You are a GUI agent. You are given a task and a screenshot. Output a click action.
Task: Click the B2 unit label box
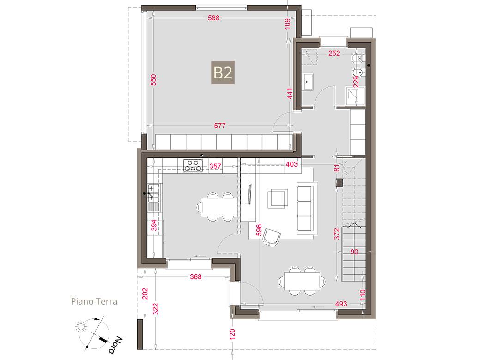tap(223, 72)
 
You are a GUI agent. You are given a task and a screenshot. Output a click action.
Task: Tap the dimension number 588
tap(214, 18)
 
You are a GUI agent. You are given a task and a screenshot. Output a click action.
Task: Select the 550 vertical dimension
tap(153, 80)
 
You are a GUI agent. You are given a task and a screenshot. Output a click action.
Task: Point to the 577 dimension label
tap(220, 126)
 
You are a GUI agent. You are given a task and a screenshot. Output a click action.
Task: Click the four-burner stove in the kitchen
tap(193, 166)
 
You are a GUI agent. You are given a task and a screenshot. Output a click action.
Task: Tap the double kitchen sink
tap(154, 192)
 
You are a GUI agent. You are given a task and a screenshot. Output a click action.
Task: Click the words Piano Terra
tap(94, 301)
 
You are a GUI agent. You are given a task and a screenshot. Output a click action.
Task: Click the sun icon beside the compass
tap(81, 326)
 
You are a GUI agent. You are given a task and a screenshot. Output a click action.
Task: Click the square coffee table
tap(278, 198)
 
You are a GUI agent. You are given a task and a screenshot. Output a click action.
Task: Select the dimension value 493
tap(341, 304)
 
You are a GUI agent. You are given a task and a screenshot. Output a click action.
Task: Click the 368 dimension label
tap(195, 277)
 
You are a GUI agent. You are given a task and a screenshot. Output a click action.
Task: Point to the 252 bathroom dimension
tap(334, 53)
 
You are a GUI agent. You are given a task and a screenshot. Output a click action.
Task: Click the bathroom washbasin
tap(307, 82)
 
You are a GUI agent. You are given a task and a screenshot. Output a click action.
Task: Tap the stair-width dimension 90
tap(354, 252)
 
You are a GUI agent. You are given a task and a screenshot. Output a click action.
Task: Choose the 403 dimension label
tap(291, 164)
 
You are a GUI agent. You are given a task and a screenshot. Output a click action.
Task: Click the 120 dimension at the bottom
tap(232, 334)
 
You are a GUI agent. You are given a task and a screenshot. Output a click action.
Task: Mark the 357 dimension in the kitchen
tap(215, 166)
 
